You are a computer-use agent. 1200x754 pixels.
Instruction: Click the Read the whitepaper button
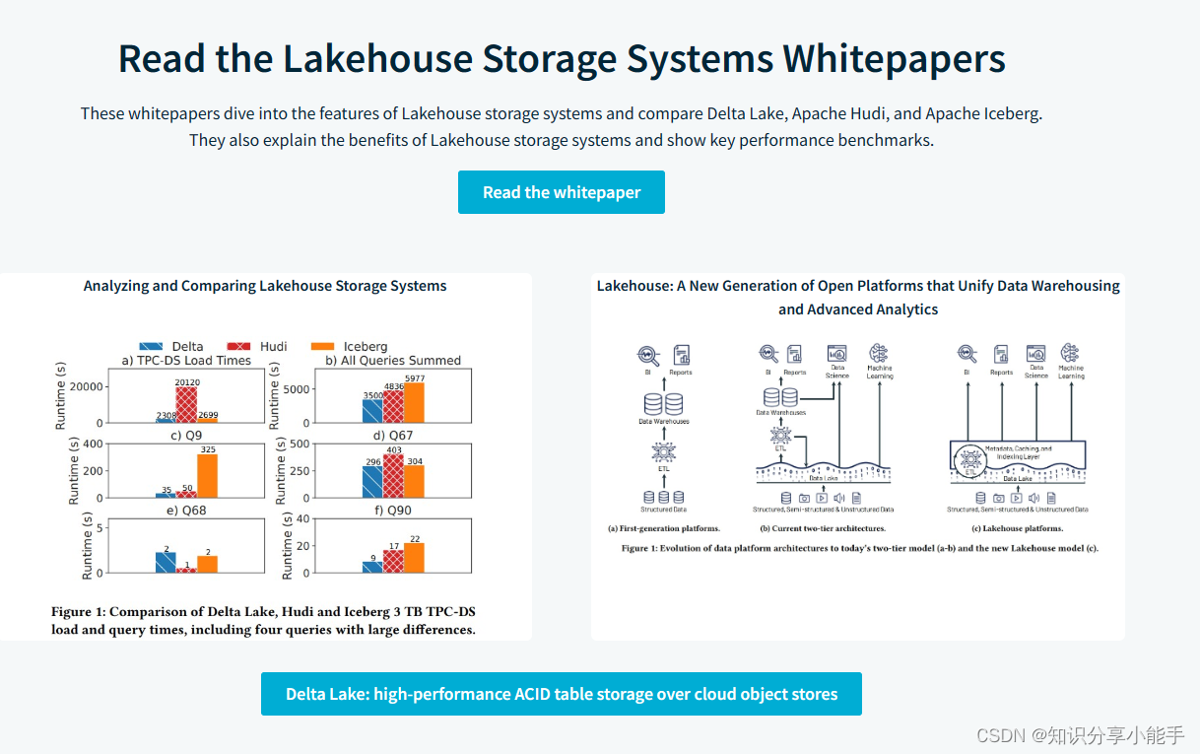click(562, 192)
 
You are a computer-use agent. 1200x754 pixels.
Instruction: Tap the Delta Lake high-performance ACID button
click(562, 694)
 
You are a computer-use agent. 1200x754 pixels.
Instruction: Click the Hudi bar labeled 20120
click(187, 404)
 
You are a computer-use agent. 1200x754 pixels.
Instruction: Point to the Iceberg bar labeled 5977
click(415, 403)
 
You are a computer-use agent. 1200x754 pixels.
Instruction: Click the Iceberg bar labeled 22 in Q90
click(415, 558)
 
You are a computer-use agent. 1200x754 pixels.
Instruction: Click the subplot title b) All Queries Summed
click(393, 361)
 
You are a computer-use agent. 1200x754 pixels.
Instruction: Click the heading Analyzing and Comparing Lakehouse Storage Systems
click(265, 286)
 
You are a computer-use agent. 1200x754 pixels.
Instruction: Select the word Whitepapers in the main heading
click(894, 59)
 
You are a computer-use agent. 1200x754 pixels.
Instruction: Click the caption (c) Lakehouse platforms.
click(1018, 528)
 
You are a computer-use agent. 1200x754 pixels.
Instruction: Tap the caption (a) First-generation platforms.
click(664, 528)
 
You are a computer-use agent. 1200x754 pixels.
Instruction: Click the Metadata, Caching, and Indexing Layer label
click(1018, 452)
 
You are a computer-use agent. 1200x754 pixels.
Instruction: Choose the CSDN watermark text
click(1080, 735)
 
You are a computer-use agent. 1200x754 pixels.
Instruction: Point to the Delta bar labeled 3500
click(372, 410)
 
